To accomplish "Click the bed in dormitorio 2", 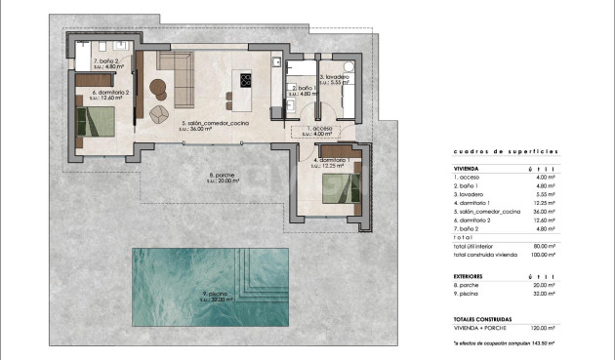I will pos(98,121).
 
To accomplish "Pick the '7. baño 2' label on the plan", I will pos(105,61).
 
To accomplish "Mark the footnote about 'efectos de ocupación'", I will pos(504,343).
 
